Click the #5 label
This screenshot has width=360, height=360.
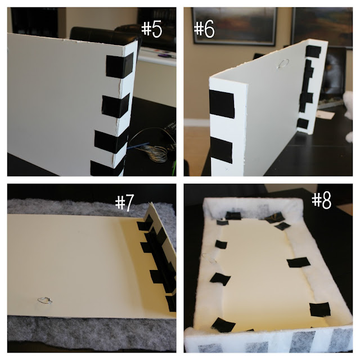pyautogui.click(x=151, y=29)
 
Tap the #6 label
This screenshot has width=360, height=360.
pyautogui.click(x=204, y=29)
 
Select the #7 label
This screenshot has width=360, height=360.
pyautogui.click(x=124, y=202)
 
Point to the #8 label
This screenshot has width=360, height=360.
pyautogui.click(x=321, y=200)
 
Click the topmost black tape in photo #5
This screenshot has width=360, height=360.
pyautogui.click(x=120, y=65)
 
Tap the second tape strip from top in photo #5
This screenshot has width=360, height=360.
pyautogui.click(x=115, y=106)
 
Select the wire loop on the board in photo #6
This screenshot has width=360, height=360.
pyautogui.click(x=283, y=64)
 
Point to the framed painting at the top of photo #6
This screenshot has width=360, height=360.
pyautogui.click(x=235, y=26)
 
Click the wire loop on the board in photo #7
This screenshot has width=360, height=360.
pyautogui.click(x=45, y=300)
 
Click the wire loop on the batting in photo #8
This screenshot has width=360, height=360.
pyautogui.click(x=209, y=259)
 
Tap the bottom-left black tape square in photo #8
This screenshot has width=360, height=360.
pyautogui.click(x=223, y=325)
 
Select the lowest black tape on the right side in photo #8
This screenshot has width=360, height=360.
pyautogui.click(x=320, y=309)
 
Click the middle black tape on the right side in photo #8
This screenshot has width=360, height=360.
pyautogui.click(x=299, y=262)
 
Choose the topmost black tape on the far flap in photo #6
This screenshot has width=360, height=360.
pyautogui.click(x=313, y=51)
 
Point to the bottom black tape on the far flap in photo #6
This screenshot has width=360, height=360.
pyautogui.click(x=303, y=124)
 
